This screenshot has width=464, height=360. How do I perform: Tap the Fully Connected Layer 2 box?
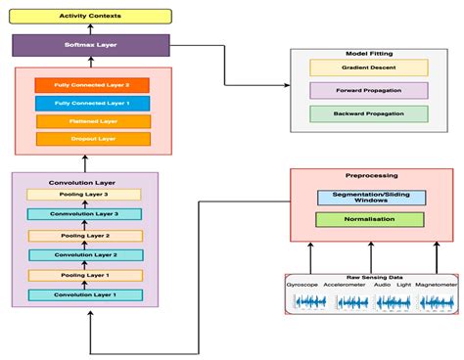coord(92,85)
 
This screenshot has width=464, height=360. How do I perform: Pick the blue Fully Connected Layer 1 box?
coord(92,103)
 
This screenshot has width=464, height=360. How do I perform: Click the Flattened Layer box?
coord(92,121)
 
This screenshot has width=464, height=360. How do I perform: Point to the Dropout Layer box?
coord(92,139)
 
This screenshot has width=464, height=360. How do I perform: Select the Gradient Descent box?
coord(368,67)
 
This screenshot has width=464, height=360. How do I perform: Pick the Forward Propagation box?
coord(368,90)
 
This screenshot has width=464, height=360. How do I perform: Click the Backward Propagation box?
coord(368,113)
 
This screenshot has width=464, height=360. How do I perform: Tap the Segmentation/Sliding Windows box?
coord(370,198)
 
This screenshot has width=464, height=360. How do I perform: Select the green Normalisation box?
coord(370,219)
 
